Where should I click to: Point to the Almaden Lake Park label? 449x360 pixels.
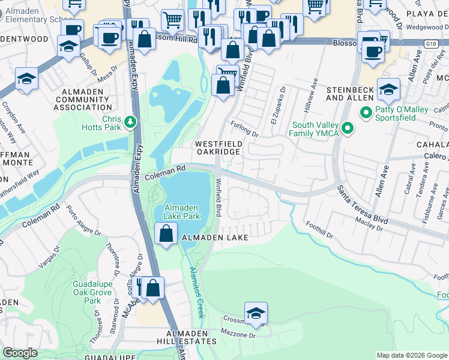pos(182,211)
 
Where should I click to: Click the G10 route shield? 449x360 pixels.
pos(430,43)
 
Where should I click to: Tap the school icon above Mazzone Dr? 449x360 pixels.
pos(256,313)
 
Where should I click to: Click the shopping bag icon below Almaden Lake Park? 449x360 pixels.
pos(166,233)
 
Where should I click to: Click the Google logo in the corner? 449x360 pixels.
pos(20,353)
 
